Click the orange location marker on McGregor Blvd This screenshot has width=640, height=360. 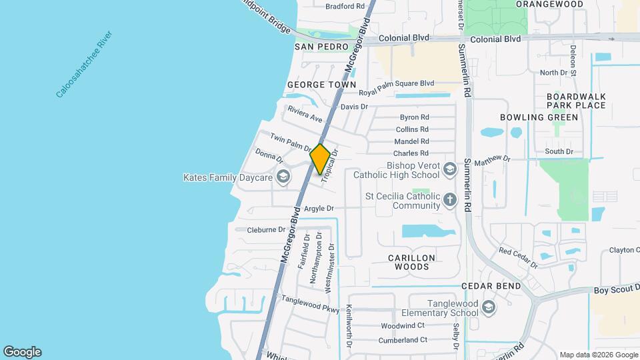[x=321, y=159]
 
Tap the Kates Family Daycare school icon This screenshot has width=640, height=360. [x=283, y=177]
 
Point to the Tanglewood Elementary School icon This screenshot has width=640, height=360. [x=489, y=307]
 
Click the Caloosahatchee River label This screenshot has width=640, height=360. [x=85, y=64]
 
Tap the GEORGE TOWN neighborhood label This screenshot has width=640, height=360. [x=313, y=85]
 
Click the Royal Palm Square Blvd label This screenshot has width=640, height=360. [x=397, y=83]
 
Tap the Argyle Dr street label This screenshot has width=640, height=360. [x=319, y=209]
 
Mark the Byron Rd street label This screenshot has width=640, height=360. [x=414, y=117]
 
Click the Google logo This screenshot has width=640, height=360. [x=22, y=352]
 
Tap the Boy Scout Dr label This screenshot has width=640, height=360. [x=616, y=289]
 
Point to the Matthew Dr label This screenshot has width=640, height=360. [x=493, y=159]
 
